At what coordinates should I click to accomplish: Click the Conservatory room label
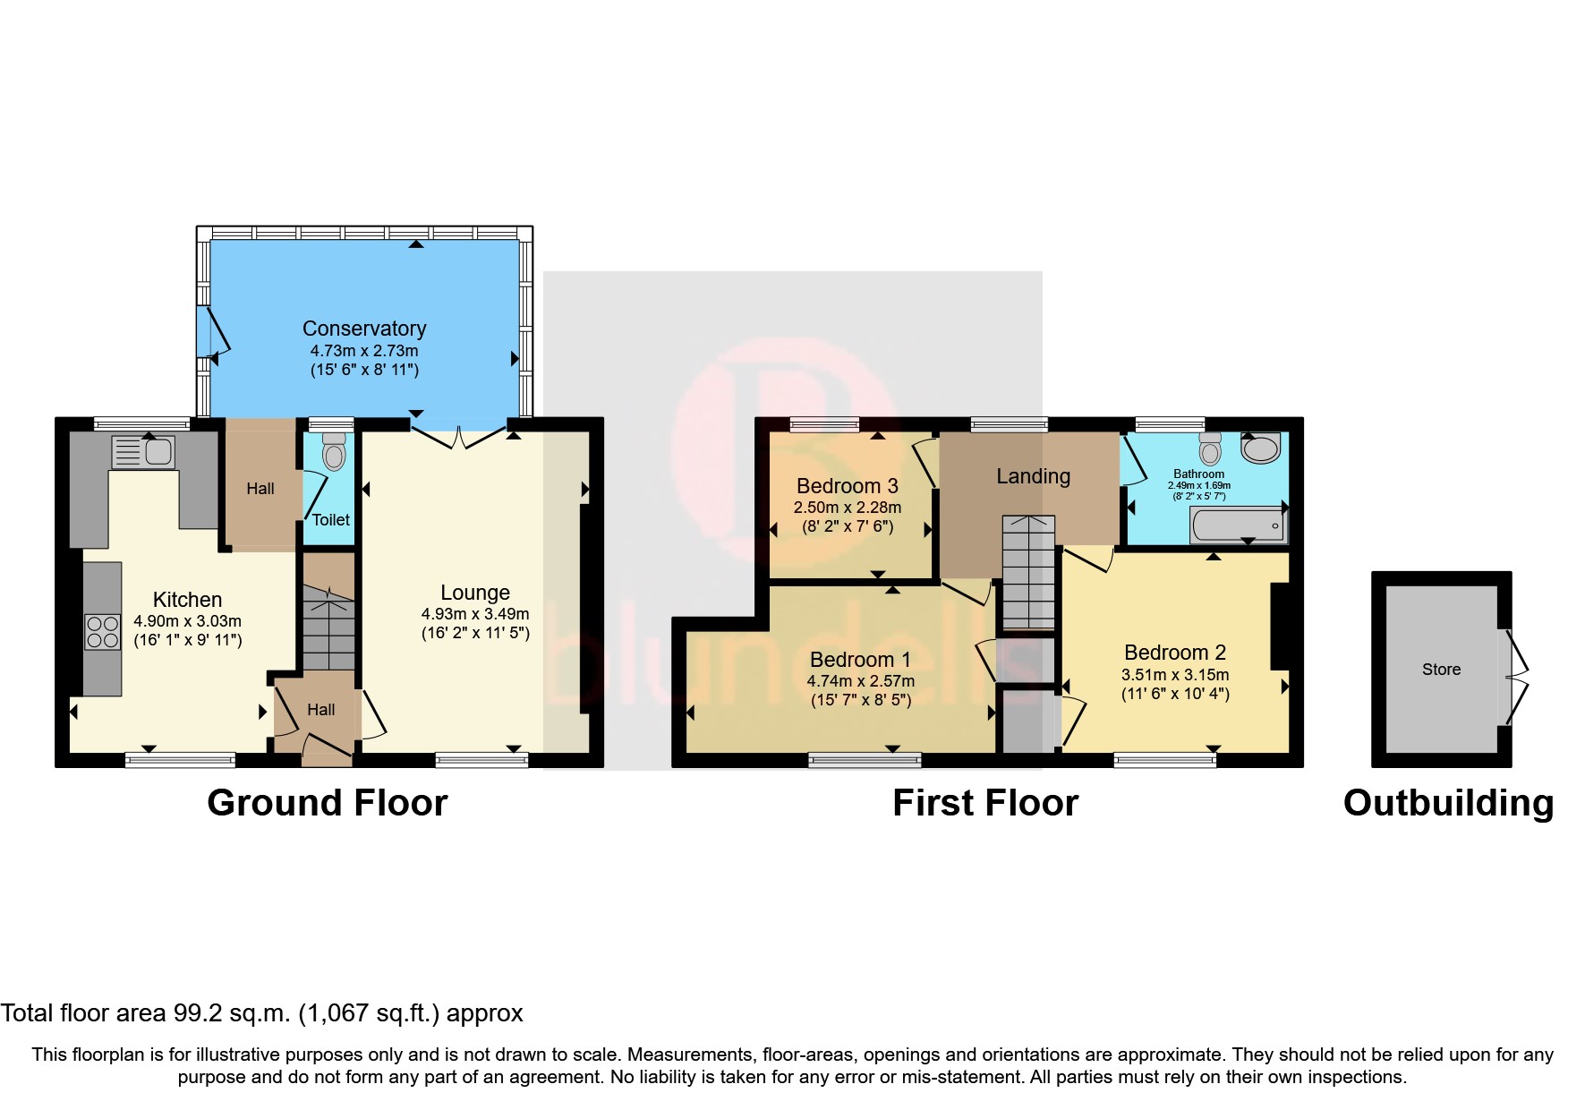click(364, 329)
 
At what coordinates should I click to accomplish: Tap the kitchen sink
click(142, 452)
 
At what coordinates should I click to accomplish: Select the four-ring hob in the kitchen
click(102, 632)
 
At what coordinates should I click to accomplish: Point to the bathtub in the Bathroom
click(1238, 525)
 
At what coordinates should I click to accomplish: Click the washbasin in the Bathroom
click(1261, 448)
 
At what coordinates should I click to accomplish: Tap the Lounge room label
click(475, 593)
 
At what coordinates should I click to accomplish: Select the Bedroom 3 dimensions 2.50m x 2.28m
click(848, 508)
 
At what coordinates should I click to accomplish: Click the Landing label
click(1034, 476)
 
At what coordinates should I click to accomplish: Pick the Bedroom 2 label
click(1175, 653)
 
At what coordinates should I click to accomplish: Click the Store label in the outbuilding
click(1441, 670)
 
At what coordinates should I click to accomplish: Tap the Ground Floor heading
click(328, 803)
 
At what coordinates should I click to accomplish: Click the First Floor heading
click(985, 803)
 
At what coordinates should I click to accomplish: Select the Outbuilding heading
click(1448, 803)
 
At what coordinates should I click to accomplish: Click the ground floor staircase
click(329, 628)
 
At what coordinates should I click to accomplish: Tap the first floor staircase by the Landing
click(1028, 573)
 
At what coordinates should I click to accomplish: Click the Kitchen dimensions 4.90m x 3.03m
click(188, 621)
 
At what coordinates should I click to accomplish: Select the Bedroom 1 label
click(860, 660)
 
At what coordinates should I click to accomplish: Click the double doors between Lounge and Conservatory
click(458, 438)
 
